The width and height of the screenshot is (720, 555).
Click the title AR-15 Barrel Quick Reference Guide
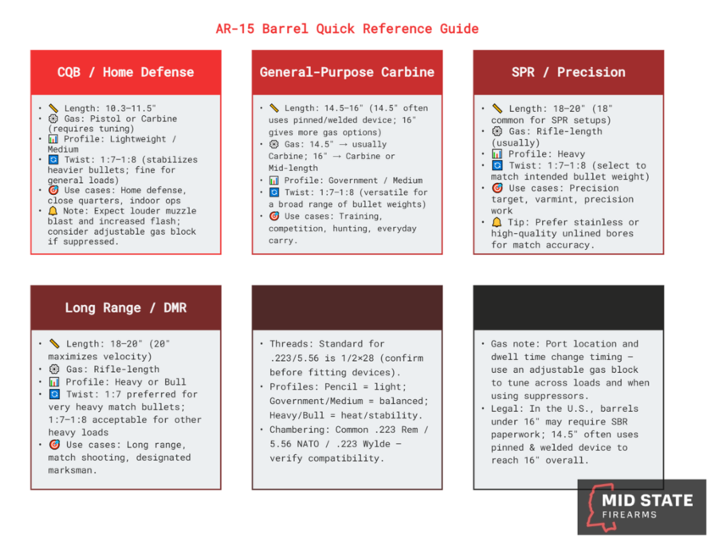pyautogui.click(x=346, y=29)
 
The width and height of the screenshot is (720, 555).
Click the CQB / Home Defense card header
pyautogui.click(x=126, y=72)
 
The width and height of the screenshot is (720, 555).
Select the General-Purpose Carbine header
pyautogui.click(x=347, y=72)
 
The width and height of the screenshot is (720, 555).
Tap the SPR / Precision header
pyautogui.click(x=568, y=72)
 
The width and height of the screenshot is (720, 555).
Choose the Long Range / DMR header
pyautogui.click(x=126, y=308)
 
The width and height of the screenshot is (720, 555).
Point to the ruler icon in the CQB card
pyautogui.click(x=53, y=108)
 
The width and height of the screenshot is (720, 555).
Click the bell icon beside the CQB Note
pyautogui.click(x=53, y=209)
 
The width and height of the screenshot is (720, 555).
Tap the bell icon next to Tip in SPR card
pyautogui.click(x=496, y=222)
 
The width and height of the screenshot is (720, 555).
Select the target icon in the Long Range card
pyautogui.click(x=53, y=445)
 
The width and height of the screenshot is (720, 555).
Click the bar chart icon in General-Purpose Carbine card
pyautogui.click(x=274, y=180)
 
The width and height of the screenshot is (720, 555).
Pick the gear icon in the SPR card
pyautogui.click(x=496, y=132)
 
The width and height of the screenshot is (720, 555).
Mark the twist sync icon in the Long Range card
pyautogui.click(x=53, y=394)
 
